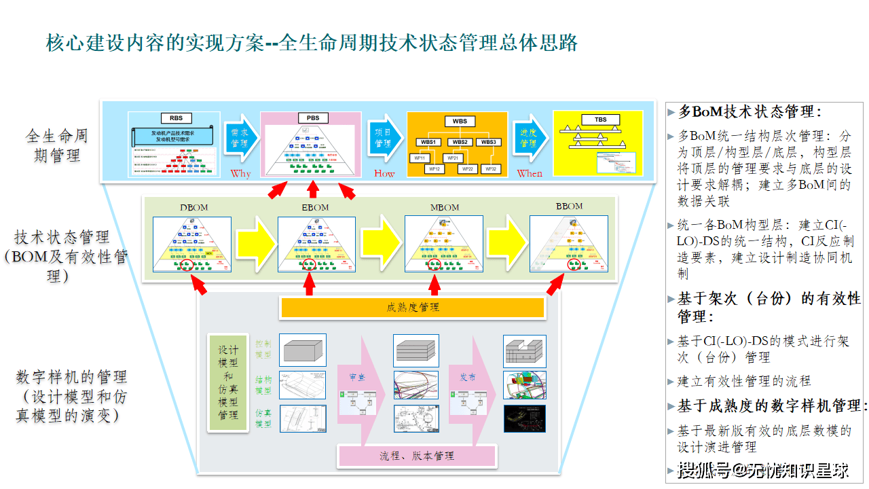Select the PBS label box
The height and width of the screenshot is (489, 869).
coord(312,118)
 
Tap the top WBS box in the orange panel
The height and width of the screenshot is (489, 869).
coord(460,122)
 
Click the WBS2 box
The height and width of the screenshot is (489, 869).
coord(460,143)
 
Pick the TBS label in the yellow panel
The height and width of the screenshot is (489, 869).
coord(601,120)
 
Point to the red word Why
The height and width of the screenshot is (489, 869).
coord(240,173)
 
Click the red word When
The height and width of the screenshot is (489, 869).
coord(530,173)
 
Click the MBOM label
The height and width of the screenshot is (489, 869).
coord(445,207)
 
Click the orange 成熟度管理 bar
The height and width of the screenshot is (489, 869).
coord(412,308)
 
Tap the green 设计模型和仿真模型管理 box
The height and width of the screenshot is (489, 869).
coord(228,382)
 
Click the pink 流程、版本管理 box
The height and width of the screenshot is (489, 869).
coord(417,455)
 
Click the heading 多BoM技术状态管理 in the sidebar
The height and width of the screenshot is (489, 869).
coord(750,112)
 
